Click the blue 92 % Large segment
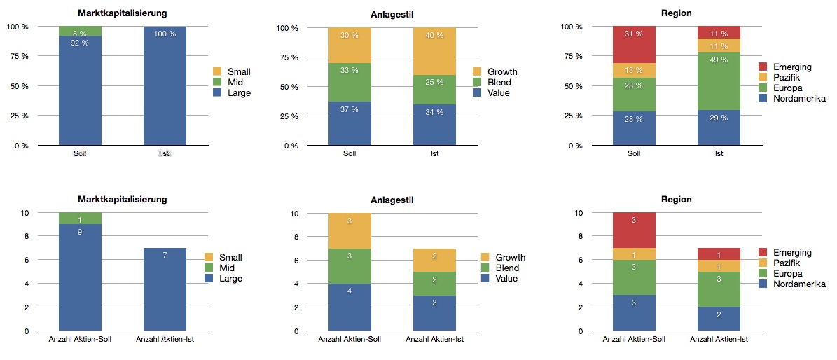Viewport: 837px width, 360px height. [80, 91]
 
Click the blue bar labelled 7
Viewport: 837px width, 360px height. [165, 289]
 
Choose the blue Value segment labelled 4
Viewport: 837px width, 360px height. [350, 307]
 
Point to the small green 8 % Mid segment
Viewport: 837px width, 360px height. [80, 31]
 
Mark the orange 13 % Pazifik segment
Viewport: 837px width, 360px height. [634, 70]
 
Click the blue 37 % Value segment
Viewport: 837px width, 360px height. [350, 123]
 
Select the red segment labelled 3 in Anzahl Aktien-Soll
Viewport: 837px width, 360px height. [634, 230]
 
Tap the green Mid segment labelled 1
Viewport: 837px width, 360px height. [80, 219]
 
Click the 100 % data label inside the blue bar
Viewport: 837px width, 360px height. [165, 34]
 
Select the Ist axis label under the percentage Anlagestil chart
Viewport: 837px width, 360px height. [434, 153]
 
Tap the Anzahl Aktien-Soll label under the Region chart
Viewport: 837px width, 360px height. [634, 340]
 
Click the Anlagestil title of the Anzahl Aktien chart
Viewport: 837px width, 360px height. [392, 200]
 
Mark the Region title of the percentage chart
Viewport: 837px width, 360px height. [676, 13]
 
